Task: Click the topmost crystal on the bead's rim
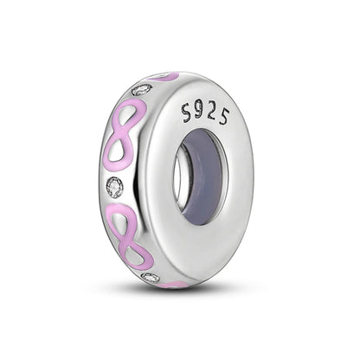pos(143,88)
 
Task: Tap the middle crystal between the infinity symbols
pos(114,186)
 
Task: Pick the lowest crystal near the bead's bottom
pos(151,277)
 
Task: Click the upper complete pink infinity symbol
pos(123,134)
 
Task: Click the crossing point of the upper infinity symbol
pos(123,134)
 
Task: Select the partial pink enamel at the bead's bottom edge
pos(177,284)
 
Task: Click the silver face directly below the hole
pos(203,251)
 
